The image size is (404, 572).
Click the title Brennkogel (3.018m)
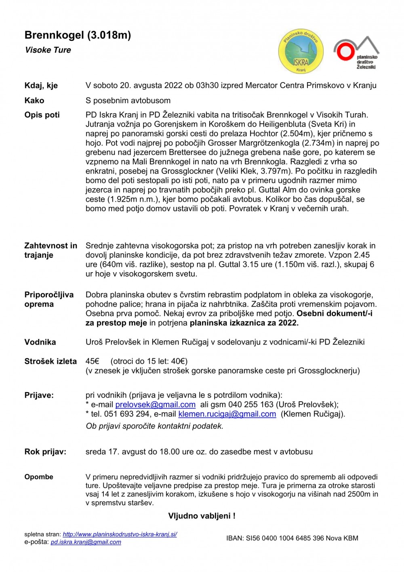[78, 35]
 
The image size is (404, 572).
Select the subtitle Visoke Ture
[48, 50]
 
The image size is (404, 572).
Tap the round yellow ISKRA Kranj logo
[301, 53]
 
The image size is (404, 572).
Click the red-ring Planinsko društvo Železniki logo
[356, 53]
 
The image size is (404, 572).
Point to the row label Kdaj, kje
[41, 86]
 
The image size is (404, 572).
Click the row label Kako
[34, 100]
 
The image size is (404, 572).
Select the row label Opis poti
[42, 115]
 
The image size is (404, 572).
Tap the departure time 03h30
[208, 85]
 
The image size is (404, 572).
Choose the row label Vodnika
[40, 342]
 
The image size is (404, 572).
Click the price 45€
[93, 361]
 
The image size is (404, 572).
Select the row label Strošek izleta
[50, 361]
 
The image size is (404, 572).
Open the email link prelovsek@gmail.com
[155, 405]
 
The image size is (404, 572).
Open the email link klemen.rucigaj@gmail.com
[227, 414]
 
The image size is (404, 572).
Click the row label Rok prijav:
[45, 452]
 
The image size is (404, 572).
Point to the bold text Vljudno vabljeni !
[202, 516]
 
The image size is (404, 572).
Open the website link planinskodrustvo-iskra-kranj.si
[120, 534]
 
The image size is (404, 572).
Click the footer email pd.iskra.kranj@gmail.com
[86, 542]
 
